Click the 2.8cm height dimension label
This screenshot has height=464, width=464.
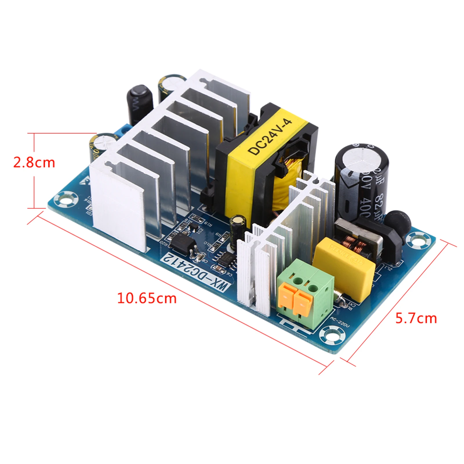[34, 163]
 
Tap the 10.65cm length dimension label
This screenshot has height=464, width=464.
[147, 298]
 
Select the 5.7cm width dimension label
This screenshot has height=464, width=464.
[416, 319]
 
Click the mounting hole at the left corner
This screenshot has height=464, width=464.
[67, 199]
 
